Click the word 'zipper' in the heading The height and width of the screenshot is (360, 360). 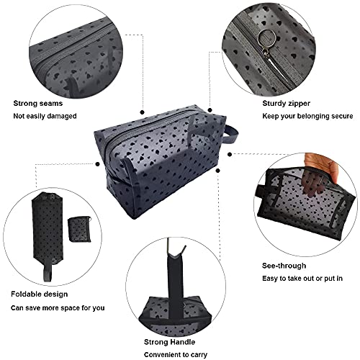[271, 103]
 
